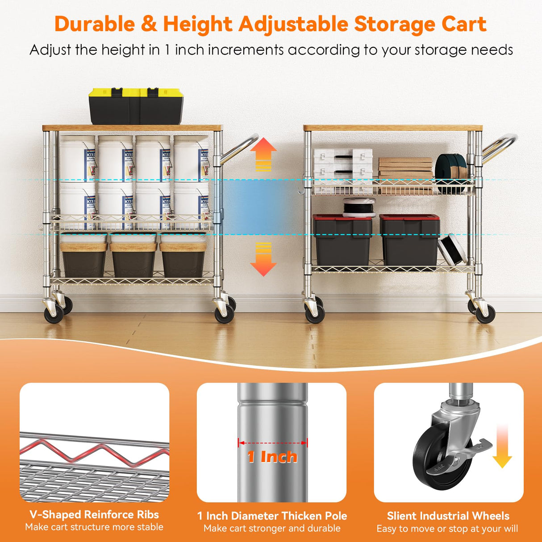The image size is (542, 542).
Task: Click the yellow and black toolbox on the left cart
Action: coord(136,106)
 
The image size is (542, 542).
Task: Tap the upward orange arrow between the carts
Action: coord(263,154)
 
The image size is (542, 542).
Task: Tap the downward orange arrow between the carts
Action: coord(263,259)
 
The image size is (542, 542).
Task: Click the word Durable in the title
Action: coord(94,24)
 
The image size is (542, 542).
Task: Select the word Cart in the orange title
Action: coord(464,24)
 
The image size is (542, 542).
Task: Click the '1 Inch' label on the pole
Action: coord(272,456)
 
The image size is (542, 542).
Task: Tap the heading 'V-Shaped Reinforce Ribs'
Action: coord(94,514)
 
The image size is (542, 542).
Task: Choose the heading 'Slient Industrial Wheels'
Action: coord(448,516)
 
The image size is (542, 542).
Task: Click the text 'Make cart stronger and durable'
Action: coord(272,529)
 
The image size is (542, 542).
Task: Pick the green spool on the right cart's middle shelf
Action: coord(450,167)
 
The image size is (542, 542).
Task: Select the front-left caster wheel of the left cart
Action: coord(54,313)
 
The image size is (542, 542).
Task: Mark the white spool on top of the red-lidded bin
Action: coord(359,208)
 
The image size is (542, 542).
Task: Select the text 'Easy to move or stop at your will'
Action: coord(447,529)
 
